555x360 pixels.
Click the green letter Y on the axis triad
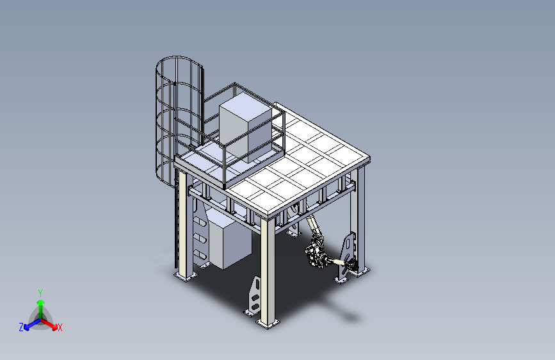(x=40, y=293)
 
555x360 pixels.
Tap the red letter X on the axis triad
(x=60, y=327)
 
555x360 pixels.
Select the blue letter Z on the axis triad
(x=21, y=327)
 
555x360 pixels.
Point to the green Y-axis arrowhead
(x=41, y=302)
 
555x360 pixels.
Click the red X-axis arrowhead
(x=54, y=327)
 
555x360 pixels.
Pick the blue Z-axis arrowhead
(x=26, y=327)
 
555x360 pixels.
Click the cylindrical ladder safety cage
(x=179, y=120)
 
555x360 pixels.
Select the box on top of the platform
(x=245, y=127)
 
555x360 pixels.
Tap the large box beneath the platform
(x=230, y=239)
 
